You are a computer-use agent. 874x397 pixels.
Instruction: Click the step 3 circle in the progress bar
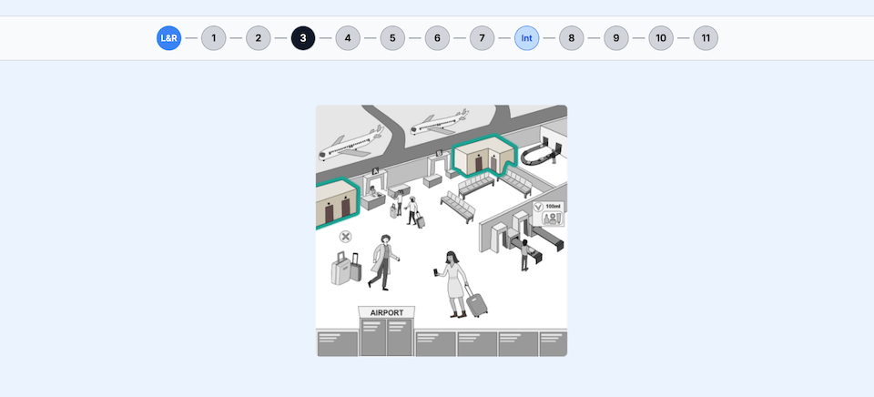coord(302,38)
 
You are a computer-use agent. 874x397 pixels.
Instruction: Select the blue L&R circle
coord(169,38)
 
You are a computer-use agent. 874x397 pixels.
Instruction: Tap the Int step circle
coord(527,38)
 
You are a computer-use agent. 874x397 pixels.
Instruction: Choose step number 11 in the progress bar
coord(706,38)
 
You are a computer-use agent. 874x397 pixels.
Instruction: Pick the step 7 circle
coord(483,38)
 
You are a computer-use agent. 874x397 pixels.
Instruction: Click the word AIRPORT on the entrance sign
coord(386,313)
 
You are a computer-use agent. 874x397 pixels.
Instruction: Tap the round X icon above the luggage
coord(346,237)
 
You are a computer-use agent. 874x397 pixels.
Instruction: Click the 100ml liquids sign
coord(549,214)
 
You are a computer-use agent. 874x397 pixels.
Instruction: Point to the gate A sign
coord(376,171)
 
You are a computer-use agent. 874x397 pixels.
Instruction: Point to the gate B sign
coord(439,153)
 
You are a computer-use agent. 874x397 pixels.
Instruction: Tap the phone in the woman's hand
coord(435,272)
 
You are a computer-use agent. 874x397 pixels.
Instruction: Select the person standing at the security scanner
coord(524,255)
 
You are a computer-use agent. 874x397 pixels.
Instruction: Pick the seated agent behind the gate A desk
coord(373,192)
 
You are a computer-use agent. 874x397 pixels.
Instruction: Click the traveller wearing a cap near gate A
coord(412,210)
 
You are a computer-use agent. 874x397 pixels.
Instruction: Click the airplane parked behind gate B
coord(439,123)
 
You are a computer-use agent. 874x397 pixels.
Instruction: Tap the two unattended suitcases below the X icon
coord(346,268)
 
